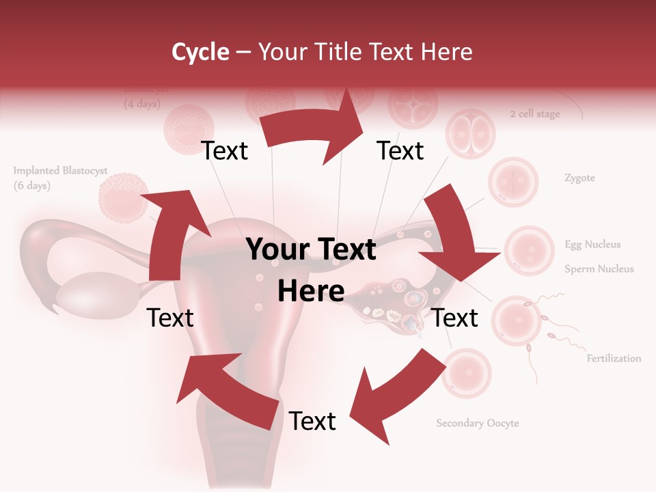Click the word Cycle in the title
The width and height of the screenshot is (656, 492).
[x=200, y=52]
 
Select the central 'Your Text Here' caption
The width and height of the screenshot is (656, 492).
[x=311, y=270]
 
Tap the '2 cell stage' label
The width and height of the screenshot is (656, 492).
[x=534, y=114]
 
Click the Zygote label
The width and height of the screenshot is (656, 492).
[x=579, y=178]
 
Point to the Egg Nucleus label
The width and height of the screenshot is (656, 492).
[x=592, y=245]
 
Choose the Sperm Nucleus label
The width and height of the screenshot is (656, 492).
[x=599, y=269]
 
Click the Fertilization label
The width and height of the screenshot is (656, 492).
[x=614, y=358]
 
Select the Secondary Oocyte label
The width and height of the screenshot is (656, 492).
[x=478, y=423]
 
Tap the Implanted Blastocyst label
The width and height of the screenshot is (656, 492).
[x=60, y=171]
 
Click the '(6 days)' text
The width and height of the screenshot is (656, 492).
[x=32, y=186]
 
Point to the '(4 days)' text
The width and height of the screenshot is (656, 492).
[x=142, y=105]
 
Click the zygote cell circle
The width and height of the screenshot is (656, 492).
[x=513, y=182]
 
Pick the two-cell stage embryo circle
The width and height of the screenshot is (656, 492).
[x=469, y=133]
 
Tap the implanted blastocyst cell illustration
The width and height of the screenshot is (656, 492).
[x=123, y=197]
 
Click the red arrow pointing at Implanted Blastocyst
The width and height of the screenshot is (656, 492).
[x=171, y=232]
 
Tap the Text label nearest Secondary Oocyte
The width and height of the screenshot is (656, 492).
[x=312, y=421]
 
